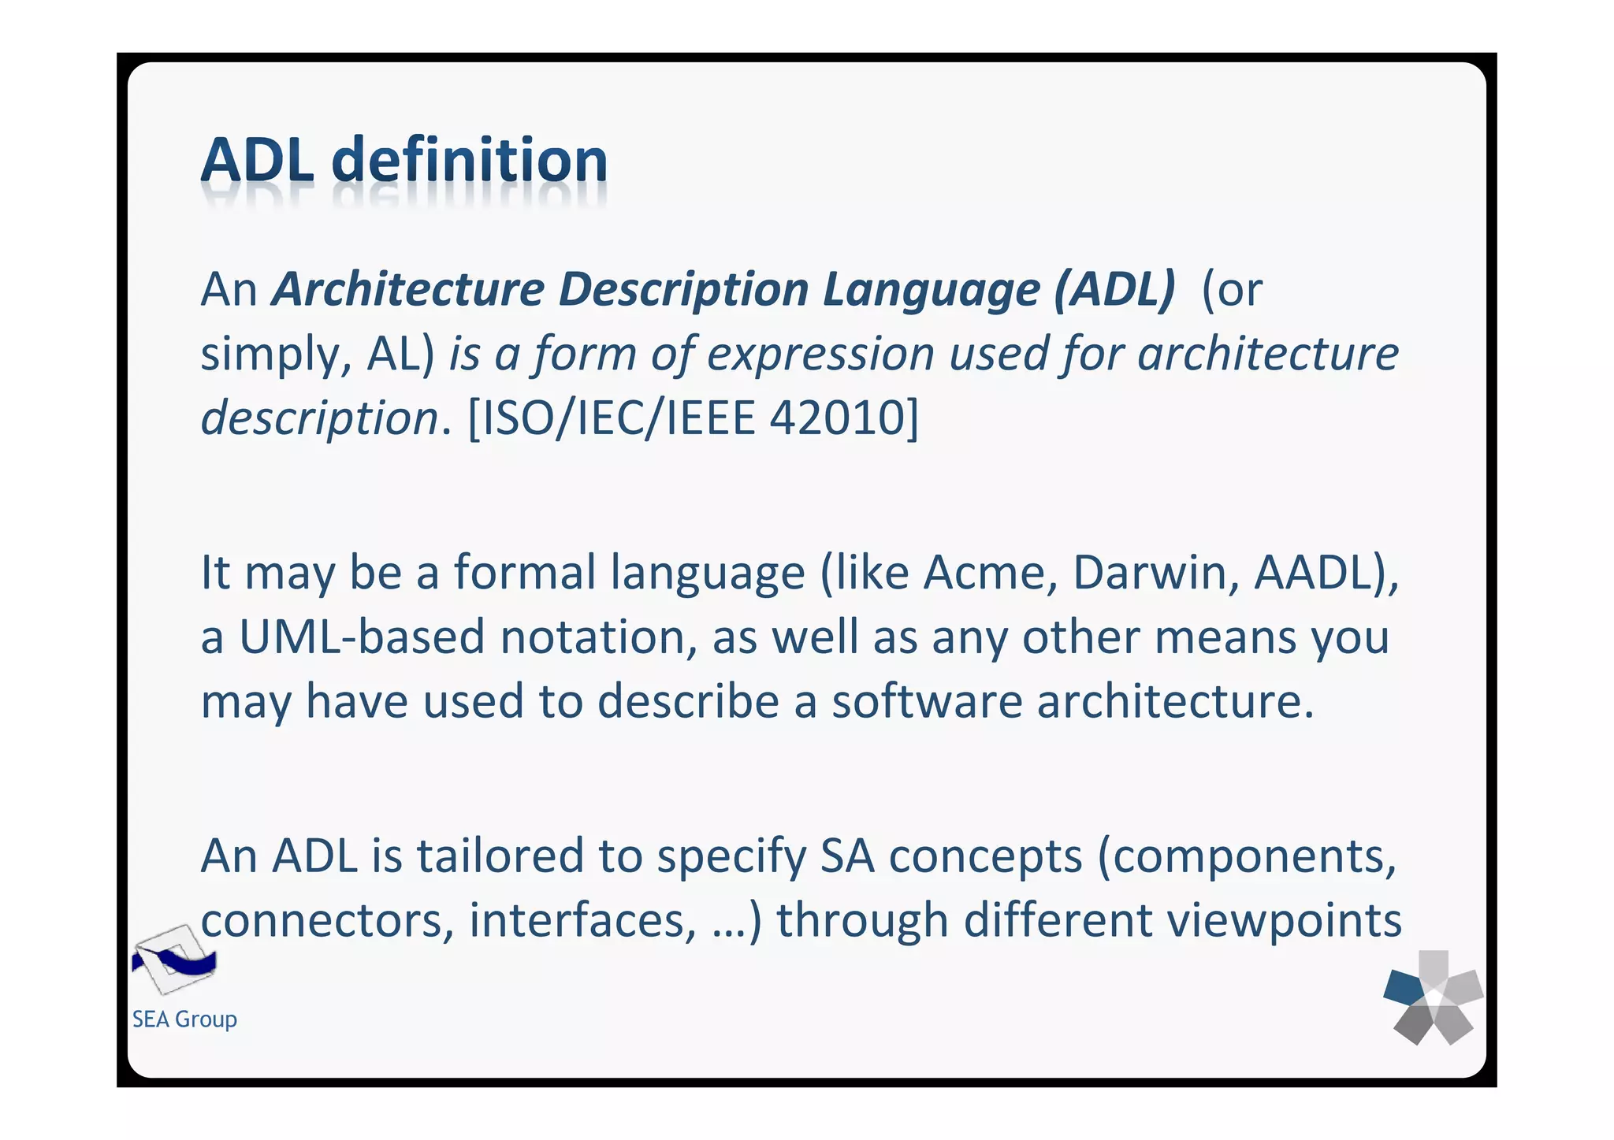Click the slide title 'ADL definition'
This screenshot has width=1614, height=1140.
coord(403,161)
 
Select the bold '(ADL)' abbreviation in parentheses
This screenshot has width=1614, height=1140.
coord(1114,289)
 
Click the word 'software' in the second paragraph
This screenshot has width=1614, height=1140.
coord(926,700)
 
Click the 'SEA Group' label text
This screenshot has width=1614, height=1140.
coord(184,1019)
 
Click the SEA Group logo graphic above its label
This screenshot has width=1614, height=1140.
coord(173,960)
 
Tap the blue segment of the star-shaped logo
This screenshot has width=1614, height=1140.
coord(1404,987)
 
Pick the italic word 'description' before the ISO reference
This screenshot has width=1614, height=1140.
coord(319,417)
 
